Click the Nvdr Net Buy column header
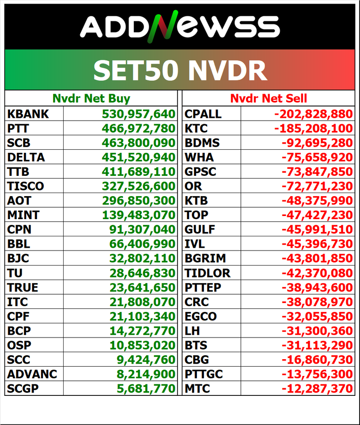(x=91, y=98)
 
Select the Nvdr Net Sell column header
(x=269, y=98)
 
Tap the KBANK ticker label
(x=28, y=114)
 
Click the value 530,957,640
(x=139, y=114)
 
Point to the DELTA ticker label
(x=27, y=157)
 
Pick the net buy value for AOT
(x=139, y=201)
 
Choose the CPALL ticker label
(x=203, y=114)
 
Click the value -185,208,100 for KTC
(x=313, y=129)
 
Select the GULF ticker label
(x=200, y=230)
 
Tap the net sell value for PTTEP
(x=317, y=288)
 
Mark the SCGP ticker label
(x=23, y=389)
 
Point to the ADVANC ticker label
(x=32, y=374)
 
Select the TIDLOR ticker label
(x=208, y=273)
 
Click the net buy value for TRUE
(x=142, y=288)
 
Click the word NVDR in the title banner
(x=227, y=70)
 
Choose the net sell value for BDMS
(x=317, y=143)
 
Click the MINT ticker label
(x=23, y=215)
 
